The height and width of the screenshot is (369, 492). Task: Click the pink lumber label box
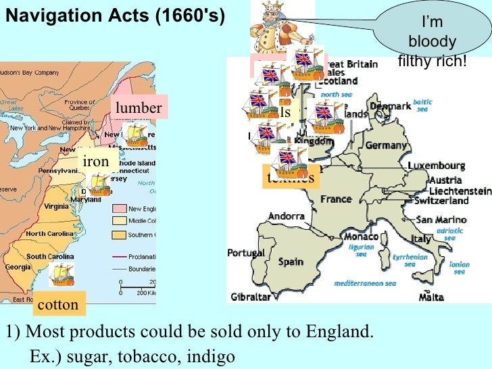138,108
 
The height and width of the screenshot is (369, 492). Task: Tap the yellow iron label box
95,162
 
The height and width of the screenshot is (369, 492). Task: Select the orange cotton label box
58,305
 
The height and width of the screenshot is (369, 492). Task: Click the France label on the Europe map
336,199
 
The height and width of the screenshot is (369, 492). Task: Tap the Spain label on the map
291,261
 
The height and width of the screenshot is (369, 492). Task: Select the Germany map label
386,145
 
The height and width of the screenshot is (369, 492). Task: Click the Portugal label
245,253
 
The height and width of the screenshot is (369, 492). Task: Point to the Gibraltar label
251,297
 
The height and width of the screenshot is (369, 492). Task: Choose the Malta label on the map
430,297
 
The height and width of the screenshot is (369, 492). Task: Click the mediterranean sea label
365,282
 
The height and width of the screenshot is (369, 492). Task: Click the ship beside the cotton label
62,275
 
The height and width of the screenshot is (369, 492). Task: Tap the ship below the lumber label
134,134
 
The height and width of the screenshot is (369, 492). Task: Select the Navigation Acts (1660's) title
114,15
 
